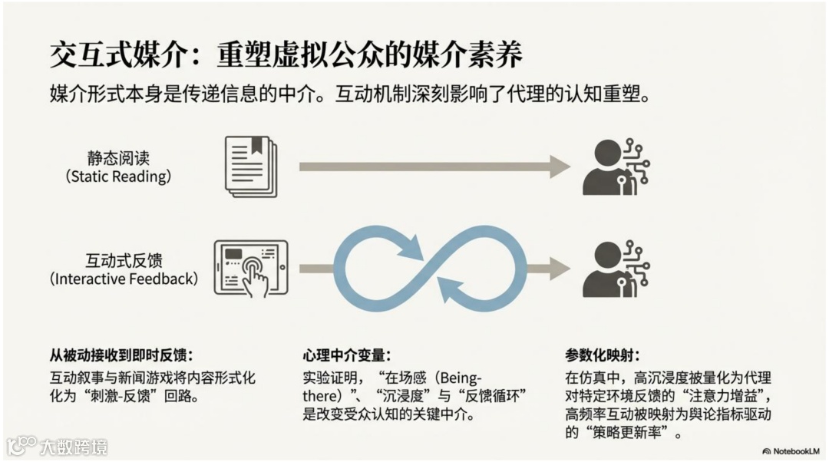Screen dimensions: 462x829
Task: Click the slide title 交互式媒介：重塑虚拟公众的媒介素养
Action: (x=286, y=56)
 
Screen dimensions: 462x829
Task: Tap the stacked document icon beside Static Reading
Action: (x=251, y=166)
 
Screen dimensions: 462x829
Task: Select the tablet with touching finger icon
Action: (x=250, y=268)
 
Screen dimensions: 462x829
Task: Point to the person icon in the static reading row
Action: (x=614, y=166)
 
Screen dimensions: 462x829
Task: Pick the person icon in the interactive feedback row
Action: (x=614, y=268)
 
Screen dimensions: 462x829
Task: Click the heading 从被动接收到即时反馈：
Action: (x=121, y=355)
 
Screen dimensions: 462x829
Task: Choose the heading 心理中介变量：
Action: (x=346, y=355)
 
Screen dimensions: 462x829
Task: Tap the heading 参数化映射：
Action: (x=602, y=355)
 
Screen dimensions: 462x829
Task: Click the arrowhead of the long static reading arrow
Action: (x=560, y=166)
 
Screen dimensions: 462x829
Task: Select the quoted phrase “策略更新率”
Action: (x=630, y=433)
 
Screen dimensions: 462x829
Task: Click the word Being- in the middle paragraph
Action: (x=457, y=378)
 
